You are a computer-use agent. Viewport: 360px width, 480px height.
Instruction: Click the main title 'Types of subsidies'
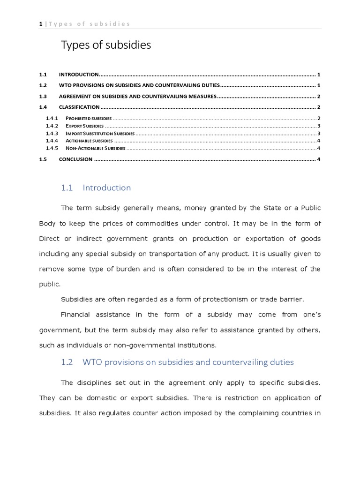106,45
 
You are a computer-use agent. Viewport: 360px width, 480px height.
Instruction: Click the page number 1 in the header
41,24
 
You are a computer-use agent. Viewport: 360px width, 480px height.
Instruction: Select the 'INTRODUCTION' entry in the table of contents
78,75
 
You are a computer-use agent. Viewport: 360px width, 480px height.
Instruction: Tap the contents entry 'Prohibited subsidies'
89,118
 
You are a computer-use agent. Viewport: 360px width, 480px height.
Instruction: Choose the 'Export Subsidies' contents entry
84,126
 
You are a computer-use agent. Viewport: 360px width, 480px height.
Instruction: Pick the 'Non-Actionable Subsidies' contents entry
95,148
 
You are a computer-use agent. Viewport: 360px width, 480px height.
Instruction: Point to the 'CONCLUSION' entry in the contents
75,159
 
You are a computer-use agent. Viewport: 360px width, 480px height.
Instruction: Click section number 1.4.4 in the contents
51,141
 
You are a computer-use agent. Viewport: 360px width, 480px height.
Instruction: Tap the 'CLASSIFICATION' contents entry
79,107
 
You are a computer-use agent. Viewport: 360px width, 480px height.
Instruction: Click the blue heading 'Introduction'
106,188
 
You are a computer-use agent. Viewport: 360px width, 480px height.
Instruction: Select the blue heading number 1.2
67,362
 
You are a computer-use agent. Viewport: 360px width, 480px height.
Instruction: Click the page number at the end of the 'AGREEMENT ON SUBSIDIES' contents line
318,97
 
